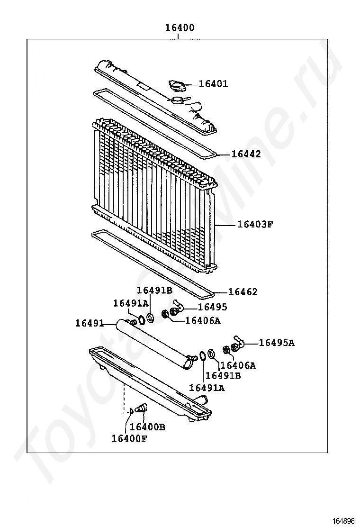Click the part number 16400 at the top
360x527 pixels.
coord(180,28)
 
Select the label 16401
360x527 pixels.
coord(213,84)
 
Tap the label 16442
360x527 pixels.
coord(246,154)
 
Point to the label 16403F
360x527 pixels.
coord(255,224)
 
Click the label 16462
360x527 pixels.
coord(243,292)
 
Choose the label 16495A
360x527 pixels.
coord(276,343)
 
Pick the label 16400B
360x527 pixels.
coord(147,427)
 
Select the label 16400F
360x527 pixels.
coord(129,438)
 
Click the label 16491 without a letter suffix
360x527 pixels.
coord(89,323)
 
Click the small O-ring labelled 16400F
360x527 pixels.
coord(131,410)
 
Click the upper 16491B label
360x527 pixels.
coord(154,291)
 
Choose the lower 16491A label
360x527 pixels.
coord(207,388)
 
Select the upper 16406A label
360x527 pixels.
coord(203,321)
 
